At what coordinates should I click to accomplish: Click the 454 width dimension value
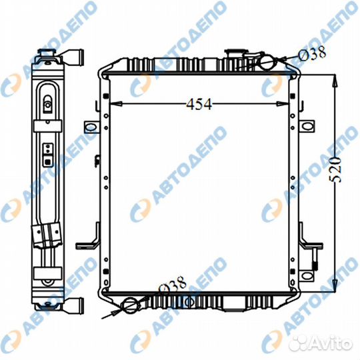pyautogui.click(x=199, y=105)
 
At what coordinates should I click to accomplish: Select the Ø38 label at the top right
pyautogui.click(x=312, y=53)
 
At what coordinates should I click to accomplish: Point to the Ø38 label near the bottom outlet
pyautogui.click(x=172, y=285)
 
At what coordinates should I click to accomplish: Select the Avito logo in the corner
pyautogui.click(x=320, y=344)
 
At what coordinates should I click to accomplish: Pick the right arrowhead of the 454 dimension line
pyautogui.click(x=283, y=104)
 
